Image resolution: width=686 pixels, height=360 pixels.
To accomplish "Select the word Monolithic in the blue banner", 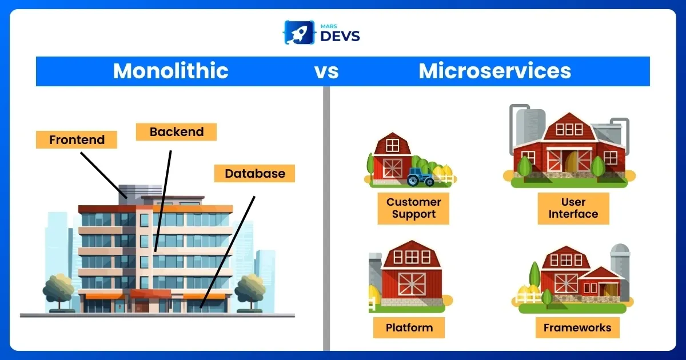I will point(170,71).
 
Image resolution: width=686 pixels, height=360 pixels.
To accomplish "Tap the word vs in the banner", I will point(326,71).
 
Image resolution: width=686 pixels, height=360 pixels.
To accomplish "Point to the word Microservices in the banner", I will point(494,71).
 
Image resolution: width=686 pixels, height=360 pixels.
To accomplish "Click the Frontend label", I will point(77,140).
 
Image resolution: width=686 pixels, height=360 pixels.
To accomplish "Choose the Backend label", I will point(176,132).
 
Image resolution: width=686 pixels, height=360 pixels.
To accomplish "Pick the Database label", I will point(254,173).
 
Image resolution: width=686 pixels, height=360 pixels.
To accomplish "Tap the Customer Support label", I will point(413,208).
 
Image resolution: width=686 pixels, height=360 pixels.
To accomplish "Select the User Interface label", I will point(573,208).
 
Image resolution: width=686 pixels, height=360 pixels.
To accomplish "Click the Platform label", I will point(409,328).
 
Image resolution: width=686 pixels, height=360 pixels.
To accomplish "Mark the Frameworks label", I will point(577,328).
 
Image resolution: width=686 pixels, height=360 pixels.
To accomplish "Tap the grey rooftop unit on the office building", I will point(132,192).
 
